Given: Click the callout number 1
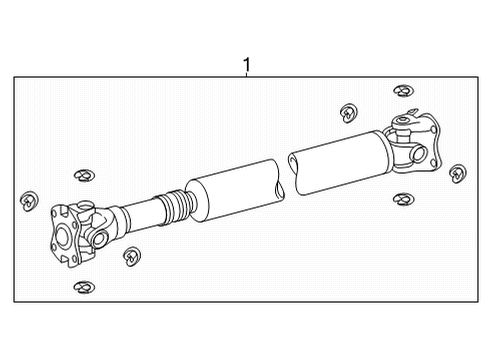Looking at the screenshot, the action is coord(247,66).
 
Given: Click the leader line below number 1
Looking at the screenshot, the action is coord(247,78).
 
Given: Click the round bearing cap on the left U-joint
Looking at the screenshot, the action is coord(99,237).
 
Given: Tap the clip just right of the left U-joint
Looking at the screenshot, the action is coord(131,258).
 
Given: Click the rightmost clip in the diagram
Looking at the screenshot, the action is coord(459,172).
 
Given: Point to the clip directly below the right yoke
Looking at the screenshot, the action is coord(402,200).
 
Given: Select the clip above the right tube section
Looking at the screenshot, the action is coord(349,109).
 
